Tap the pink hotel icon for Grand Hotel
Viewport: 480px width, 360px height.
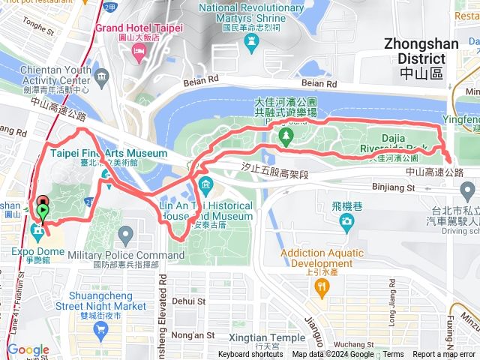(x=138, y=50)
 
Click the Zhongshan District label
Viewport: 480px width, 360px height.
(x=421, y=51)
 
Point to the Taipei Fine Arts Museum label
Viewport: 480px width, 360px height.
(x=109, y=153)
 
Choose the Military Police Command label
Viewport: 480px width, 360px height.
(x=125, y=255)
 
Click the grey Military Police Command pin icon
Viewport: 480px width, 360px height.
(x=125, y=237)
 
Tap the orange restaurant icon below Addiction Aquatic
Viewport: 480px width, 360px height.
(x=321, y=286)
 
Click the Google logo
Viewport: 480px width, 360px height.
(x=28, y=350)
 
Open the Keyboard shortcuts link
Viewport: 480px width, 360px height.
(x=251, y=355)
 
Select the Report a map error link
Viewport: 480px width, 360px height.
(x=444, y=355)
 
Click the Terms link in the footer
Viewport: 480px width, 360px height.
(x=393, y=355)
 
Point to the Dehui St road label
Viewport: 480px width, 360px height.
(x=188, y=301)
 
